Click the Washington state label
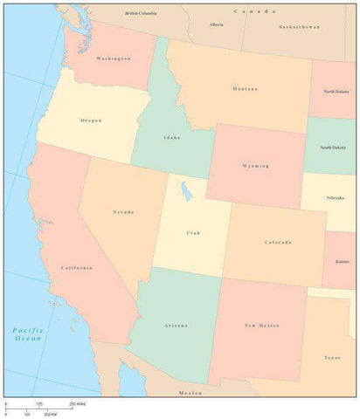pos(114,58)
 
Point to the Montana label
pos(245,88)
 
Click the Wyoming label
pos(256,165)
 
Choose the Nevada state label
pos(123,212)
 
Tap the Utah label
pos(192,233)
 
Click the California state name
pos(76,267)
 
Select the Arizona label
pos(176,325)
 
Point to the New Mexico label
pos(261,325)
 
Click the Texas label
pos(332,358)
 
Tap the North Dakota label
pos(338,91)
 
